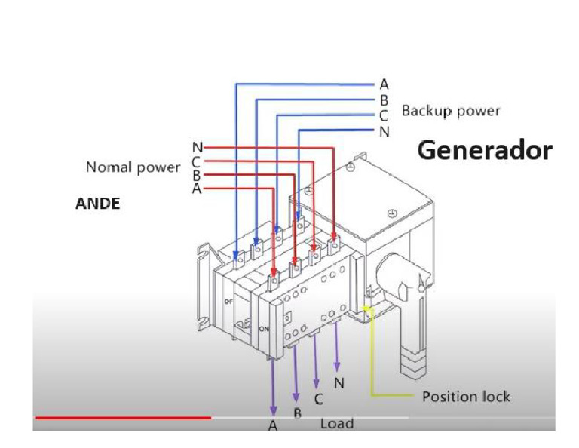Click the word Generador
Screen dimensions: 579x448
pos(485,151)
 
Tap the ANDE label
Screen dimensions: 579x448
pos(98,204)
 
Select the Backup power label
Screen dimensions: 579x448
pos(451,111)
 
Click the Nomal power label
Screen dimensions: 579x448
pos(133,167)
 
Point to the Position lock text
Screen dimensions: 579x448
pos(467,397)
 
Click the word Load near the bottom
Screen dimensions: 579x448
pos(337,424)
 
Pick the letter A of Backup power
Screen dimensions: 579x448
pos(384,84)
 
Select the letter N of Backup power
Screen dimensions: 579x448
pos(384,131)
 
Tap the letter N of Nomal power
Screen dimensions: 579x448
pos(198,147)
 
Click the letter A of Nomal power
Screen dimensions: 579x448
pos(197,189)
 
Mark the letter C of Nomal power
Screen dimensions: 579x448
pos(196,161)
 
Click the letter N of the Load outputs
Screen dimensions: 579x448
pos(339,383)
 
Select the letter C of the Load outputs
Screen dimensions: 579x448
pos(318,399)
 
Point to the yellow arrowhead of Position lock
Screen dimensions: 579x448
pos(366,308)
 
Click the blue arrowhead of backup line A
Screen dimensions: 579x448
pos(235,255)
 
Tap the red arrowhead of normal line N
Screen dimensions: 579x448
pos(333,236)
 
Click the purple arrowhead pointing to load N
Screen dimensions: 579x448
pos(337,367)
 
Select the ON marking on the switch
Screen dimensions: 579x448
pos(264,329)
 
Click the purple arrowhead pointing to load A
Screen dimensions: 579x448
pos(273,411)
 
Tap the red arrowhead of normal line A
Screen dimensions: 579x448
pos(273,273)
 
